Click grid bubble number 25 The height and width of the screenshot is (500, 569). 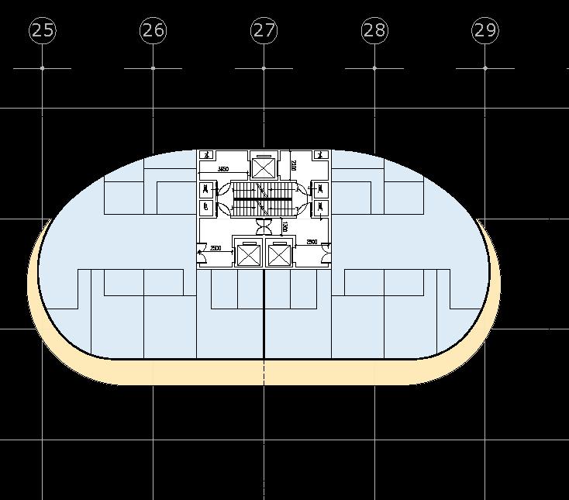pyautogui.click(x=43, y=31)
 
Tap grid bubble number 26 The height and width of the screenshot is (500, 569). pyautogui.click(x=153, y=31)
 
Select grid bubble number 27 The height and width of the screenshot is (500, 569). pyautogui.click(x=264, y=31)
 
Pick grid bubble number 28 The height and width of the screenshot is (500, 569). pyautogui.click(x=374, y=31)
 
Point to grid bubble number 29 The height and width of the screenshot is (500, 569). pyautogui.click(x=485, y=31)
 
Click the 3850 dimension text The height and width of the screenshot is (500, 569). pyautogui.click(x=223, y=169)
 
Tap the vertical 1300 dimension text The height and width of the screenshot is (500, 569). pyautogui.click(x=284, y=227)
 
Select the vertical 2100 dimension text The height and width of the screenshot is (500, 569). pyautogui.click(x=294, y=165)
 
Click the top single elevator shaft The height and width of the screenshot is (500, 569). pyautogui.click(x=264, y=167)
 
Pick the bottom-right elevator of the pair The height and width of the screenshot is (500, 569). pyautogui.click(x=278, y=254)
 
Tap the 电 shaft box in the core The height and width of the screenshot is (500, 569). pyautogui.click(x=206, y=207)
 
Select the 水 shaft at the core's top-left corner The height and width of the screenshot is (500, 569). pyautogui.click(x=206, y=155)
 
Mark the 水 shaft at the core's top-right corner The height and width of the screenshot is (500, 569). pyautogui.click(x=321, y=155)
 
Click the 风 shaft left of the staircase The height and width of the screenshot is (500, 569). pyautogui.click(x=206, y=189)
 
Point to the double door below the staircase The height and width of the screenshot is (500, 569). pyautogui.click(x=264, y=226)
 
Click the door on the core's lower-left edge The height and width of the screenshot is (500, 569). pyautogui.click(x=202, y=249)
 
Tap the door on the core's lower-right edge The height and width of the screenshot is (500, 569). pyautogui.click(x=326, y=248)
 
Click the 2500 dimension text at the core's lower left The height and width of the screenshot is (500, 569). pyautogui.click(x=216, y=248)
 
